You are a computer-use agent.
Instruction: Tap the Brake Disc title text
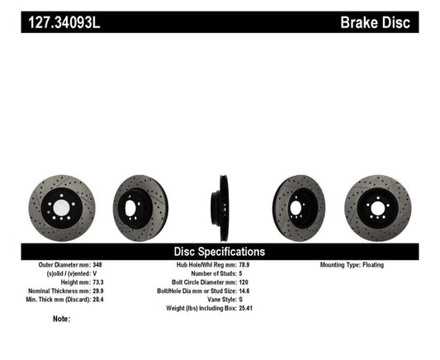(376, 21)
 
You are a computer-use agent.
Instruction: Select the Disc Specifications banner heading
(220, 251)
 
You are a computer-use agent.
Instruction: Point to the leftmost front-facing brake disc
(61, 205)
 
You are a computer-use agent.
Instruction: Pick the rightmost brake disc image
(376, 204)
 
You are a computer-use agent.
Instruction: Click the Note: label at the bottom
(61, 319)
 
